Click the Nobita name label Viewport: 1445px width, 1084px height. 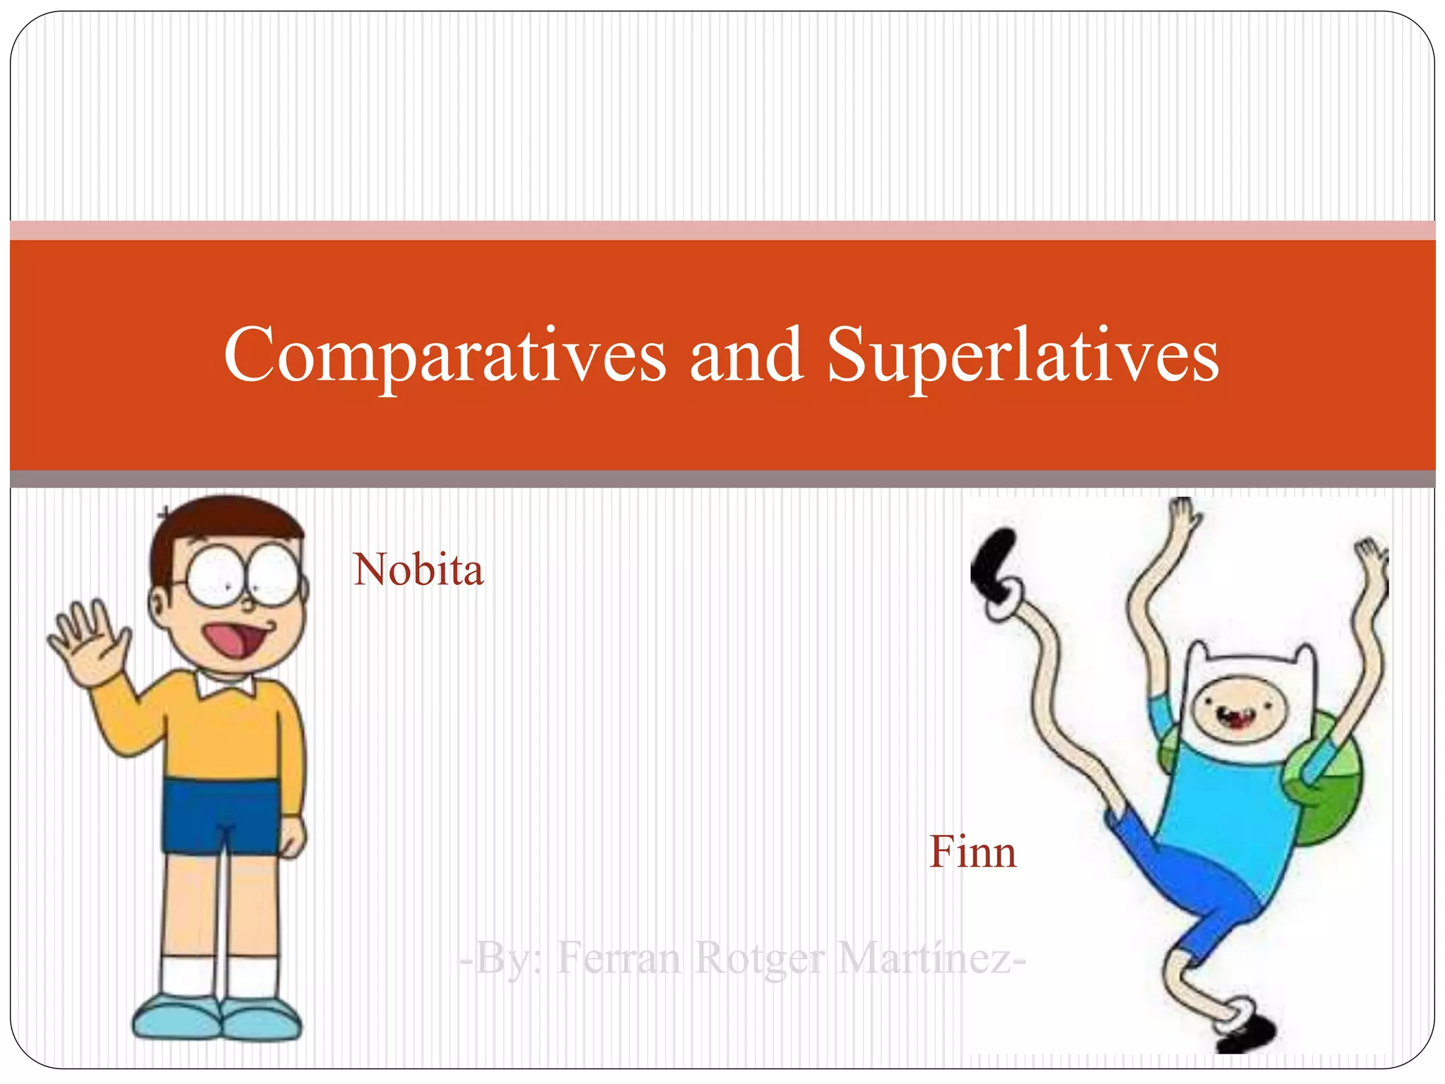(x=418, y=570)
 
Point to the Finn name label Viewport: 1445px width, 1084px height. (x=972, y=852)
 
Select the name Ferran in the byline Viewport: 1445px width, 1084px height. (x=619, y=958)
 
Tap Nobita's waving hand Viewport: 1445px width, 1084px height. (x=88, y=639)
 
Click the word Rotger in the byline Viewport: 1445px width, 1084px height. (x=759, y=958)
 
